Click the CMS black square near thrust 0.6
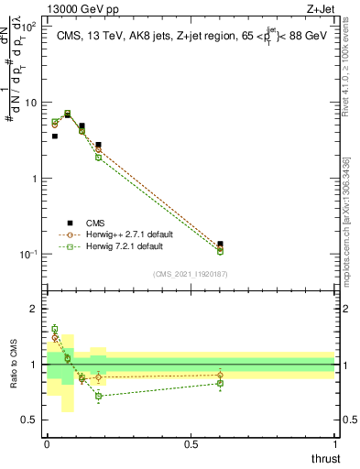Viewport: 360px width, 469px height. pyautogui.click(x=220, y=245)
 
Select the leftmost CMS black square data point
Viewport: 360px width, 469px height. pyautogui.click(x=55, y=136)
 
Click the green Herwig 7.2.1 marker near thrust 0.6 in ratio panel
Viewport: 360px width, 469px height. pyautogui.click(x=220, y=383)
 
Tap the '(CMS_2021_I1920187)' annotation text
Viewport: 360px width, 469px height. pyautogui.click(x=191, y=273)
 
